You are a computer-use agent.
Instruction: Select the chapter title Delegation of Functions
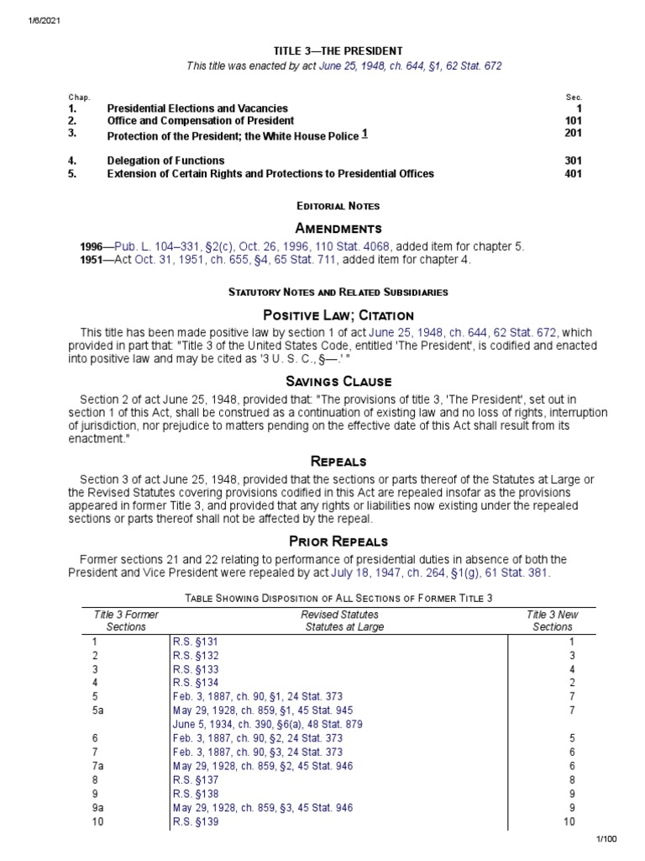165,161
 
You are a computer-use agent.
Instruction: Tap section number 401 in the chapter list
573,174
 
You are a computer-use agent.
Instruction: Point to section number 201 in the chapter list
573,133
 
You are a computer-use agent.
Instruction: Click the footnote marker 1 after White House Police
364,134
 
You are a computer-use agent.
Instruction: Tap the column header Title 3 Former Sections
125,621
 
